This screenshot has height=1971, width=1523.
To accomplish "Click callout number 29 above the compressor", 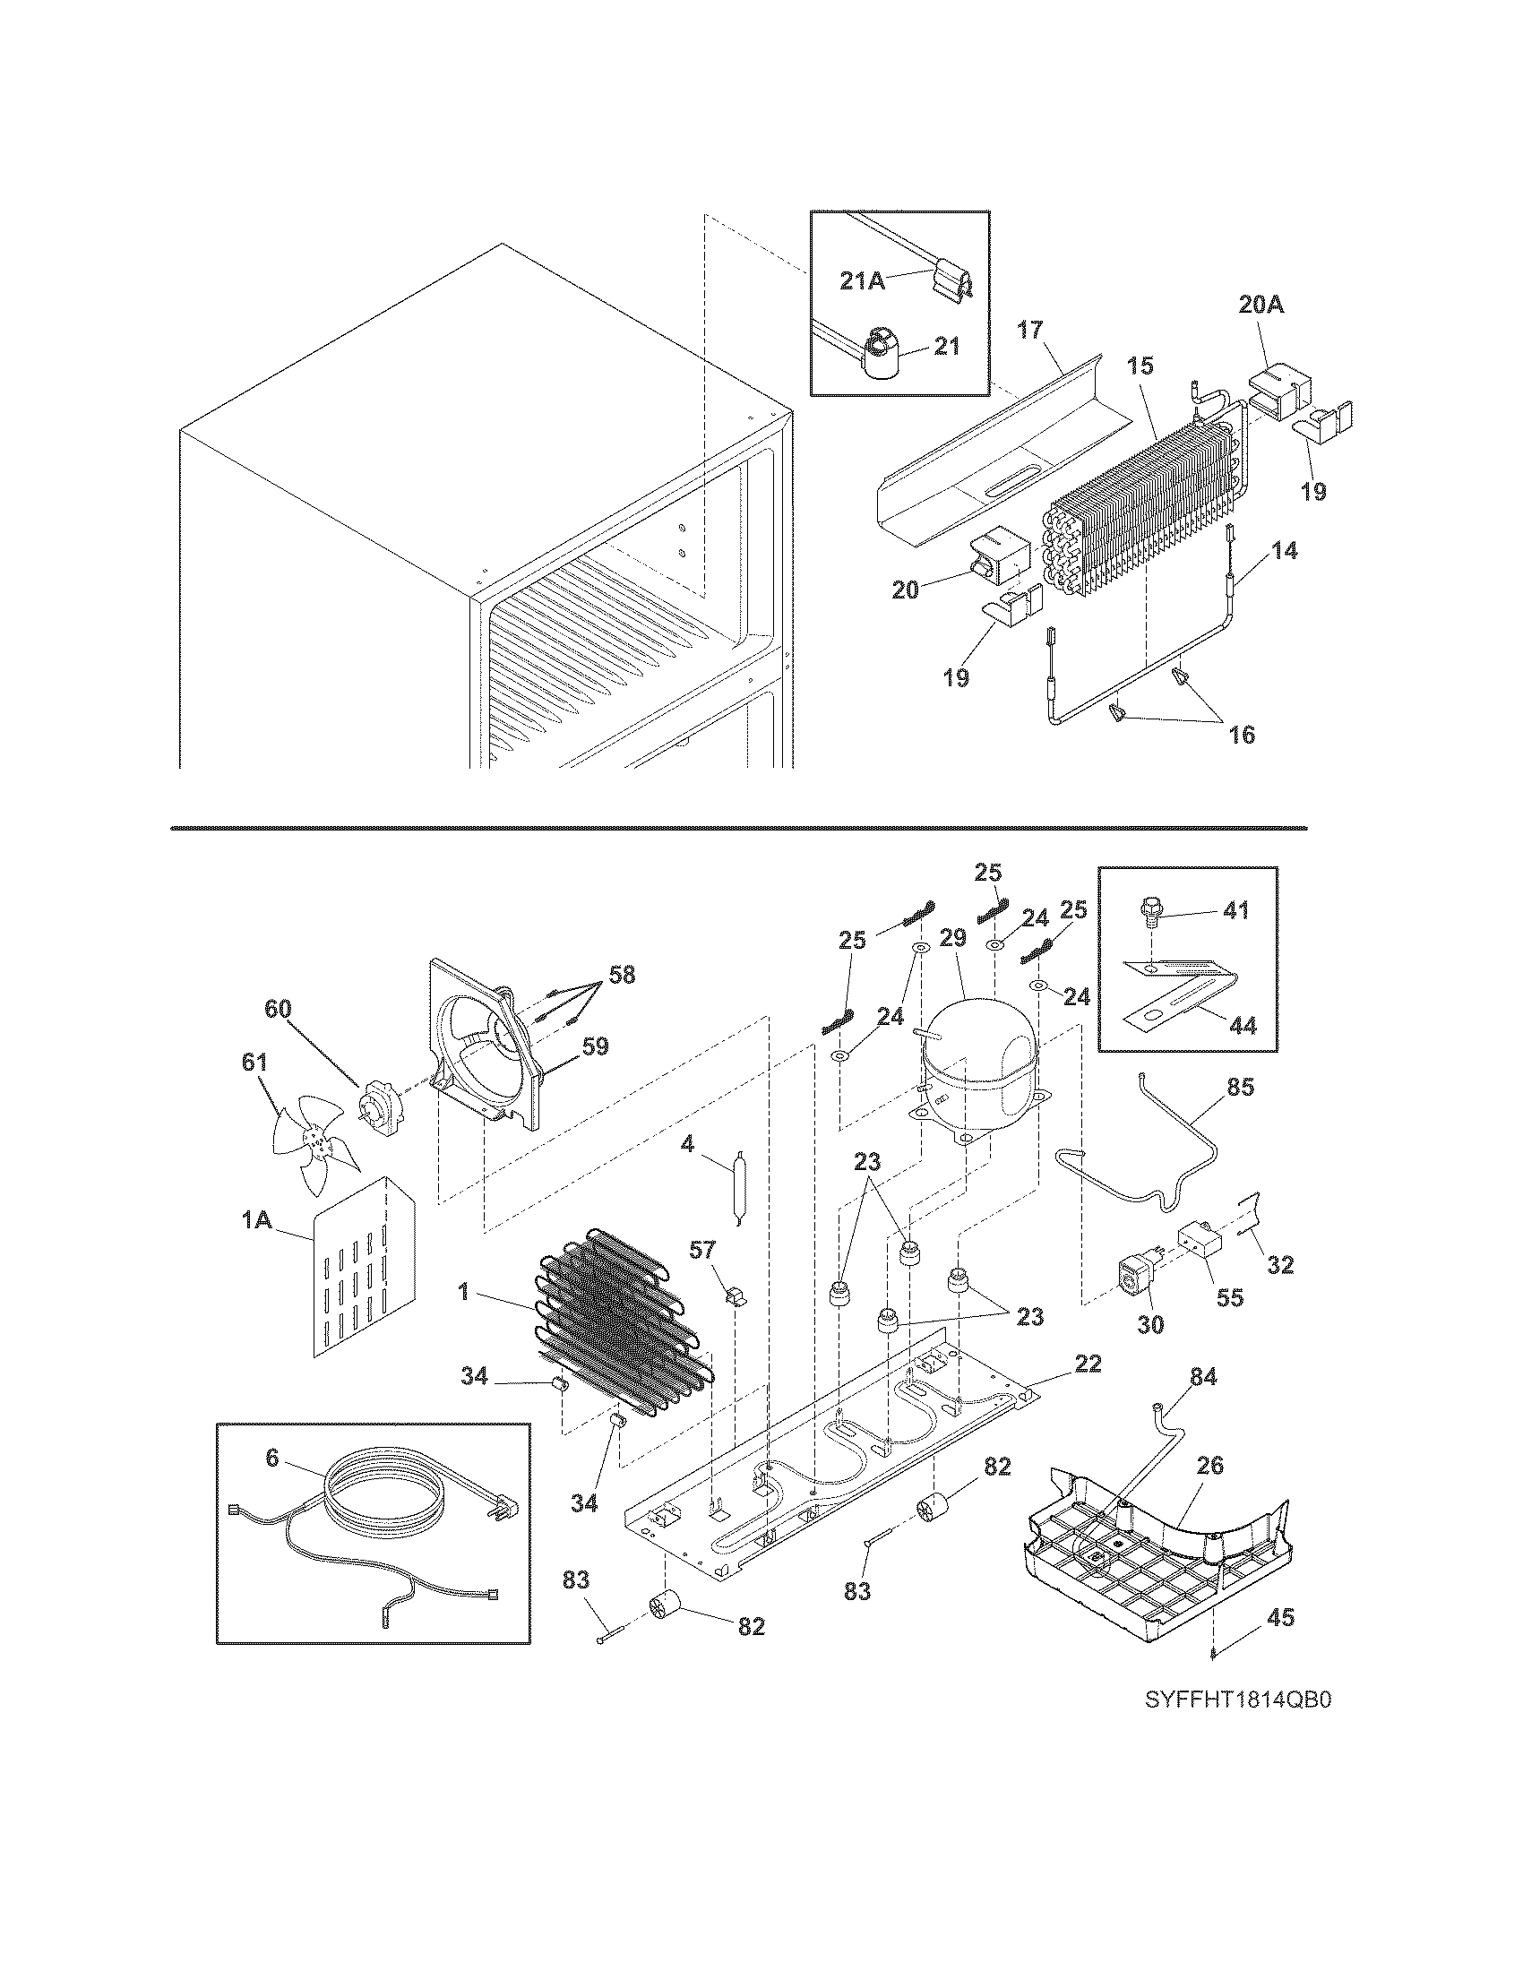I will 953,965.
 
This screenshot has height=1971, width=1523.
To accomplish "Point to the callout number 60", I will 278,1008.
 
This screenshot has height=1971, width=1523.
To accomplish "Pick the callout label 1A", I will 256,1220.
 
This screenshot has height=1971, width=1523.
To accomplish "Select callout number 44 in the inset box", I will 1243,1026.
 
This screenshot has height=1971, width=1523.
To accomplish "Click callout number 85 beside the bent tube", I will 1241,1088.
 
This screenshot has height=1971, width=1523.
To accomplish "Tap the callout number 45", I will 1280,1618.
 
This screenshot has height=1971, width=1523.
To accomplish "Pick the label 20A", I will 1261,306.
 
